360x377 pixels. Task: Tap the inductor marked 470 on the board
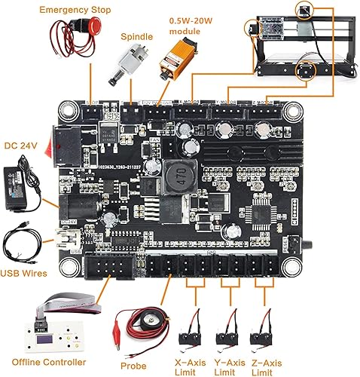(182, 168)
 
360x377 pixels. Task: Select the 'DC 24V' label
(20, 145)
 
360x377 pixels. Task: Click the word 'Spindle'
(138, 35)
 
